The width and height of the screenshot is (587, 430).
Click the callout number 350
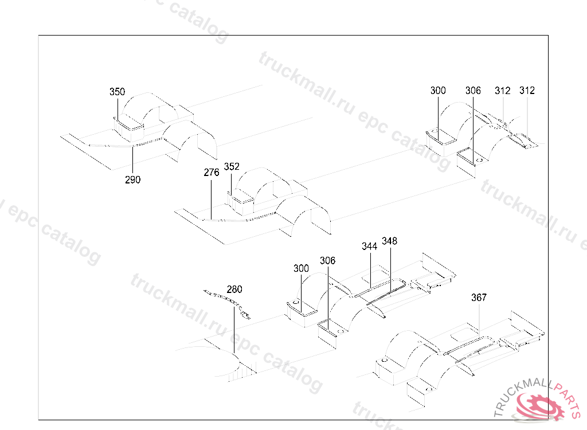coord(117,92)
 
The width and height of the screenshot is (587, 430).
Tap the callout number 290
coord(132,179)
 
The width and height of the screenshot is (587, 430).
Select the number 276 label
coord(212,171)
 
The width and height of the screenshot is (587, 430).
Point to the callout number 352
coord(232,167)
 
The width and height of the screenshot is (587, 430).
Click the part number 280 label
coord(234,289)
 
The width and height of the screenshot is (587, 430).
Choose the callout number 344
coord(370,246)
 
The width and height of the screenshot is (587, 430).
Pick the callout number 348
coord(389,241)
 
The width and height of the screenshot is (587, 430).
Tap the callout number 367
coord(479,298)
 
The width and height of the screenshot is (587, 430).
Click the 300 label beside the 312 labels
coord(438,91)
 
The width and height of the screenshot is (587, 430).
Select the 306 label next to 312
coord(473,91)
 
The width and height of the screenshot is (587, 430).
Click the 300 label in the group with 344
coord(301,268)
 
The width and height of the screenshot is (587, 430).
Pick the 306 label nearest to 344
coord(327,261)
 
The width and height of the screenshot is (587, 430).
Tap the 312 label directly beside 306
coord(503,91)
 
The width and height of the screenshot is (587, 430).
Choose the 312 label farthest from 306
coord(527,91)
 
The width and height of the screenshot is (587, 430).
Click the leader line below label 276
coord(212,198)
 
